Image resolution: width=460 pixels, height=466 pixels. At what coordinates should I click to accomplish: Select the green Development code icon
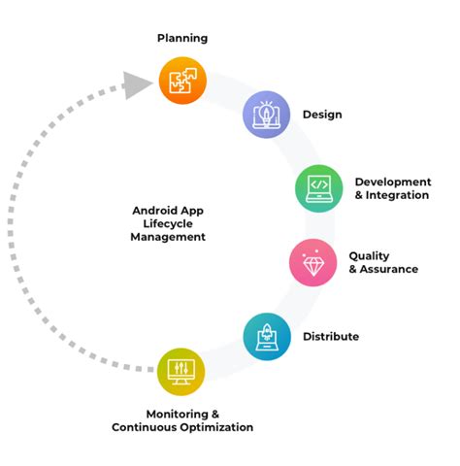pyautogui.click(x=319, y=188)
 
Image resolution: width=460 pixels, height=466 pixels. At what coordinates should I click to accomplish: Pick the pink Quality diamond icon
pyautogui.click(x=313, y=262)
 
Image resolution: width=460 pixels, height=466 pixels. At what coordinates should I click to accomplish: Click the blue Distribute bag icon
pyautogui.click(x=266, y=336)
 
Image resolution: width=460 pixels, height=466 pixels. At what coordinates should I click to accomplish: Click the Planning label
pyautogui.click(x=182, y=38)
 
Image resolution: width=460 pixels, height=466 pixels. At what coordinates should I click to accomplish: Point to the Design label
pyautogui.click(x=322, y=115)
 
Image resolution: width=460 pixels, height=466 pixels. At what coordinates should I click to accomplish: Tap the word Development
pyautogui.click(x=392, y=182)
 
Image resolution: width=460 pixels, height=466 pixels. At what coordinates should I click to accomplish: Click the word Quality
pyautogui.click(x=370, y=256)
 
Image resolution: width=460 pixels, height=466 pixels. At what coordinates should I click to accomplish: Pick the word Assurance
pyautogui.click(x=389, y=269)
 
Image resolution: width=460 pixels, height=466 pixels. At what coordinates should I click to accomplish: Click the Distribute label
pyautogui.click(x=331, y=337)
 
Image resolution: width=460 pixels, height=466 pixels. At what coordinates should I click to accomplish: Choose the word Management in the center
pyautogui.click(x=168, y=236)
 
